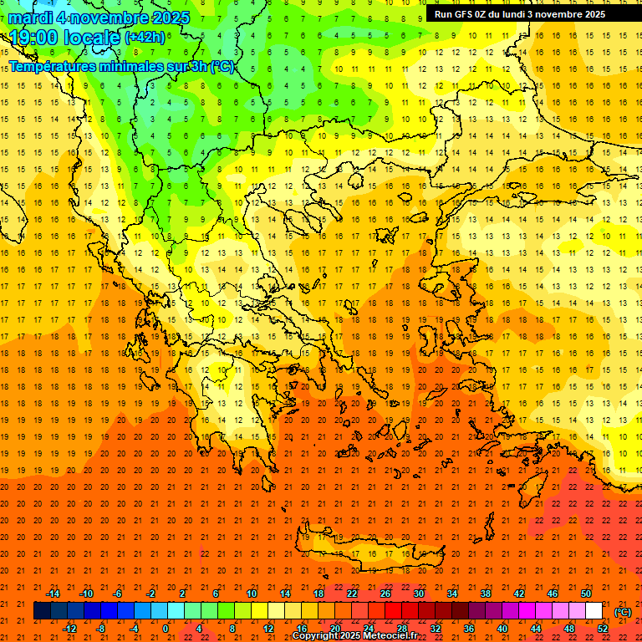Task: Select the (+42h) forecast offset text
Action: [x=145, y=38]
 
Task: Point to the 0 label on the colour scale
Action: [x=166, y=629]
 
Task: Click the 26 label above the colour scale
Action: [x=385, y=594]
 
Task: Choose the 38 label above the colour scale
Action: [x=485, y=594]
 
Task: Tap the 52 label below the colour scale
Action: [x=603, y=629]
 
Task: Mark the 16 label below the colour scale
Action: [x=302, y=629]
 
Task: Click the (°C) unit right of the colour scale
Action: [x=623, y=612]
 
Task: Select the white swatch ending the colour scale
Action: [x=594, y=611]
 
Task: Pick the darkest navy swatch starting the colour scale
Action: [x=42, y=611]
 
